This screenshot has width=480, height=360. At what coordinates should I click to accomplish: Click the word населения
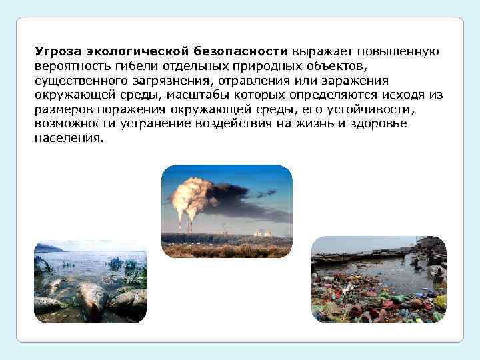click(69, 139)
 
